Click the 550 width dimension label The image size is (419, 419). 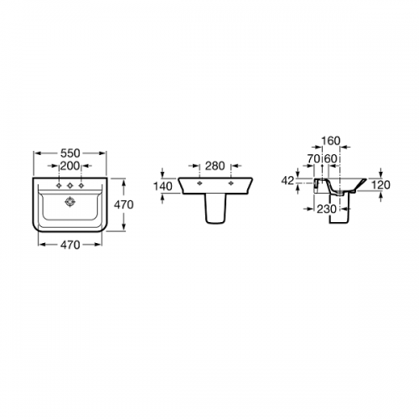(x=70, y=153)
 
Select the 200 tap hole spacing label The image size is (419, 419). (x=70, y=166)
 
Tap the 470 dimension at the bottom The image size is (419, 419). (x=70, y=245)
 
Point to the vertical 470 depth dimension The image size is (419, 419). (x=124, y=204)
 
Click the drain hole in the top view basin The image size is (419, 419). (x=70, y=202)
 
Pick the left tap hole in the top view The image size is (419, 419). (x=59, y=185)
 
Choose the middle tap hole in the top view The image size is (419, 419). (x=70, y=185)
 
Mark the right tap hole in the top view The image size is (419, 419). (x=81, y=185)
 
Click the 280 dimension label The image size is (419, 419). (x=215, y=166)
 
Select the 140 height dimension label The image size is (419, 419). (x=163, y=186)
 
